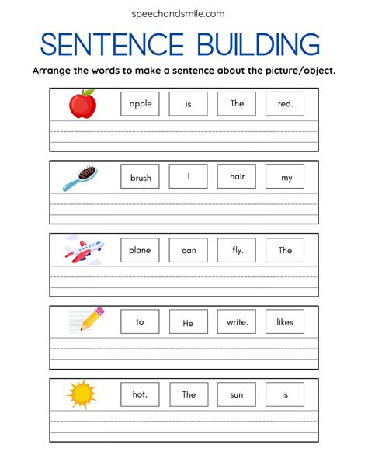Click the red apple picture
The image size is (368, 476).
click(82, 103)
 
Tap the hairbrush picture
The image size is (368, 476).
click(81, 177)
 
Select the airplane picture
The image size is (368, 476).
click(83, 249)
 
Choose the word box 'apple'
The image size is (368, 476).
click(141, 104)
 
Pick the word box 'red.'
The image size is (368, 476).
click(285, 104)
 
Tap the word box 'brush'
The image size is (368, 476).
click(141, 177)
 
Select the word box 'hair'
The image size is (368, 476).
click(237, 177)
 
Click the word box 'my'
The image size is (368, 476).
click(285, 177)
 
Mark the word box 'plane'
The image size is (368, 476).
click(141, 250)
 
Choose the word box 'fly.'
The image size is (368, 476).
click(237, 250)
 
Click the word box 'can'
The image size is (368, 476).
click(189, 250)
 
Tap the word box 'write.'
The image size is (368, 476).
click(237, 321)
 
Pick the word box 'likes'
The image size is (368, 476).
click(285, 321)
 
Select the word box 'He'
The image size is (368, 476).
click(189, 321)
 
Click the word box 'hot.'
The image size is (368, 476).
click(141, 394)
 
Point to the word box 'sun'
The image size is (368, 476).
click(237, 394)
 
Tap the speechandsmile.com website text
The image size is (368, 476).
click(184, 13)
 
